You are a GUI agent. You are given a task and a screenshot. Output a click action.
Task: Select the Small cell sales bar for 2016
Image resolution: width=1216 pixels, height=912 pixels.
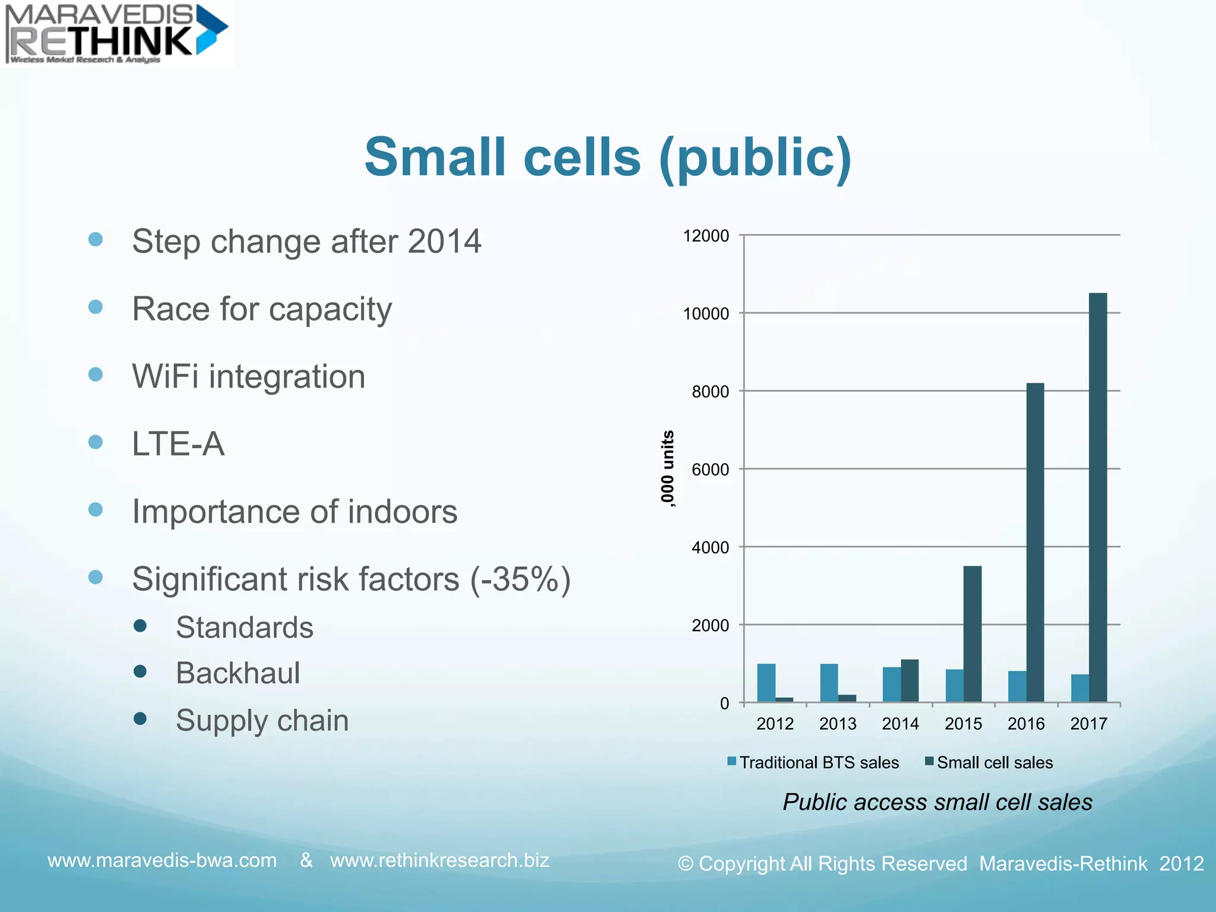[1035, 543]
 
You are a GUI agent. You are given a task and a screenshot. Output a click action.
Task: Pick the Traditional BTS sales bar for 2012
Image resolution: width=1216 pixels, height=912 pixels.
[766, 683]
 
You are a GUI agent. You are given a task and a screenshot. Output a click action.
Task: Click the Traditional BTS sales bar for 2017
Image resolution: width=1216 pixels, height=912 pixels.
[1080, 688]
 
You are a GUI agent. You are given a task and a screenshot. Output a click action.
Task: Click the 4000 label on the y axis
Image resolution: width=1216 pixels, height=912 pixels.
[710, 547]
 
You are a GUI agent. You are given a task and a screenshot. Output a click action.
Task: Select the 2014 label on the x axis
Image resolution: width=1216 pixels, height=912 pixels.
[900, 724]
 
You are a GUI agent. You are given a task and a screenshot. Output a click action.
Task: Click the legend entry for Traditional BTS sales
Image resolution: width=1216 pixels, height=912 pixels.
[813, 762]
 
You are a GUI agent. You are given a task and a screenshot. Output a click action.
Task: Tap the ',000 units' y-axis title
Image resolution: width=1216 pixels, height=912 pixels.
[667, 469]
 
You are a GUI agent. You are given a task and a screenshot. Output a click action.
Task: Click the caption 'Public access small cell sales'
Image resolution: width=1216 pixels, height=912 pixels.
[937, 802]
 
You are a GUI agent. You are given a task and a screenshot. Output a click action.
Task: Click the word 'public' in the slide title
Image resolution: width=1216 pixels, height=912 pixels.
[755, 157]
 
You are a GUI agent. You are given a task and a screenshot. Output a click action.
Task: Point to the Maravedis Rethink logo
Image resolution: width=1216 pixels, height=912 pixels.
[116, 33]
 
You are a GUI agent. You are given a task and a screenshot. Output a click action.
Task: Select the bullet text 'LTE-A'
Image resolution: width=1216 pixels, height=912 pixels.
[178, 444]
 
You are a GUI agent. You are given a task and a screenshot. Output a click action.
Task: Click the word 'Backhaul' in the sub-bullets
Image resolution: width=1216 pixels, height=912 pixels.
[237, 673]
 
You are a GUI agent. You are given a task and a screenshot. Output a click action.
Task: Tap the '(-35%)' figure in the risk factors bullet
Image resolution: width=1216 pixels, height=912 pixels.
[520, 579]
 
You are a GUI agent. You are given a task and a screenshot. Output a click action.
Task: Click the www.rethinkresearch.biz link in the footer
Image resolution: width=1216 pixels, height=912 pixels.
[439, 860]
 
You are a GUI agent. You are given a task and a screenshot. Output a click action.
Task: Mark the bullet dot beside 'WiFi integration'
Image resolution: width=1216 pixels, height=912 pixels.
[96, 375]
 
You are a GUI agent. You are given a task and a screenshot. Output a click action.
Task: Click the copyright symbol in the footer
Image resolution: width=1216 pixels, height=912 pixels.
[685, 864]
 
